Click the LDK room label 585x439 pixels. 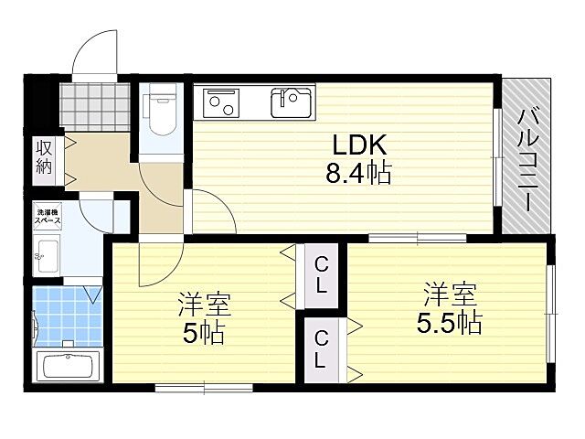358,145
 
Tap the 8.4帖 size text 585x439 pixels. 358,173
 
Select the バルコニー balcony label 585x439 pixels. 527,160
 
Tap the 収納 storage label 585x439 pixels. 43,157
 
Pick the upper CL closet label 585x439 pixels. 322,275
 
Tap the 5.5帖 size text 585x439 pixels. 451,322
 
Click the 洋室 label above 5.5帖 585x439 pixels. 450,294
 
